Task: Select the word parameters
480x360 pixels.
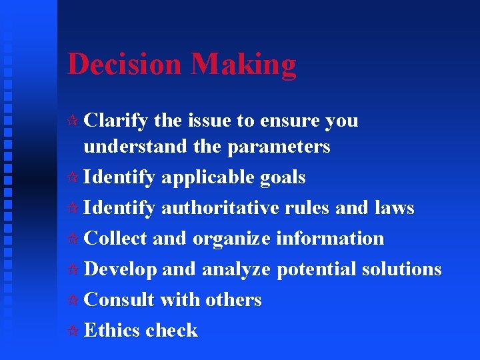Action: (x=279, y=147)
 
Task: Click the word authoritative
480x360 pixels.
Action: (x=223, y=208)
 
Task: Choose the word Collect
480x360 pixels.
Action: (x=117, y=238)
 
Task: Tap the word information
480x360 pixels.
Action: (x=331, y=238)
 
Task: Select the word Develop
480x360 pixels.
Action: (x=121, y=269)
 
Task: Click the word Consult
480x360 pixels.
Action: (x=118, y=299)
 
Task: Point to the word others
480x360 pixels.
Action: (x=233, y=299)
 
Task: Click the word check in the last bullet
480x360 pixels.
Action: (x=171, y=330)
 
